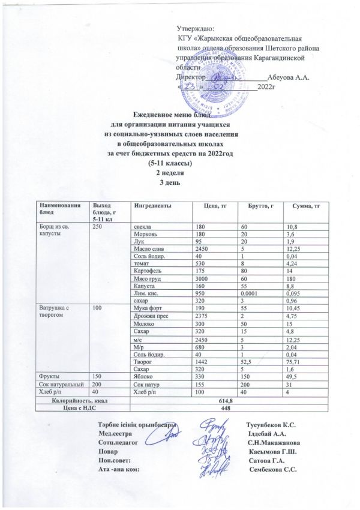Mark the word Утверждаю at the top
(197, 28)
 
